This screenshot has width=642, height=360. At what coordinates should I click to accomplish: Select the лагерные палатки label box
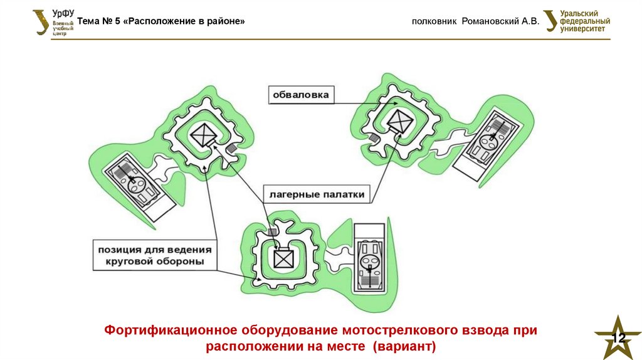317,194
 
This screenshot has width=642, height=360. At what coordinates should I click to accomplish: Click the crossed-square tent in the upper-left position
203,136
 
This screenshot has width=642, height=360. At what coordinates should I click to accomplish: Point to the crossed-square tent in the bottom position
283,258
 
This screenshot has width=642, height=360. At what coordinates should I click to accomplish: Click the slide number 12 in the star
619,338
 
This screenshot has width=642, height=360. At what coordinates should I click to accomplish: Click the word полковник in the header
434,21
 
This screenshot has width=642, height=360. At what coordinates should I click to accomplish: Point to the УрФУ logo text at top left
63,13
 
